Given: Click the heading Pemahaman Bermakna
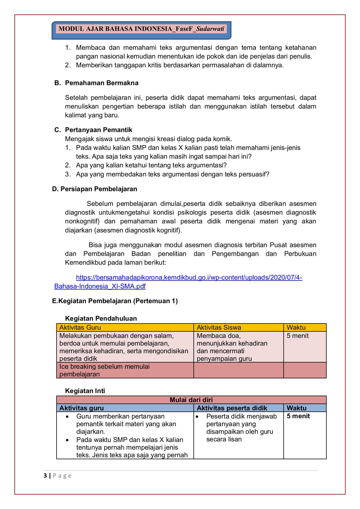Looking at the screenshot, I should click(x=102, y=83).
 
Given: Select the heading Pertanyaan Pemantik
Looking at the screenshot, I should click(x=98, y=130).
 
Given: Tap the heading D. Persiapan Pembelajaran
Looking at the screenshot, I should click(x=94, y=189).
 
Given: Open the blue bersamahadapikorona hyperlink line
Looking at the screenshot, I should click(x=189, y=277).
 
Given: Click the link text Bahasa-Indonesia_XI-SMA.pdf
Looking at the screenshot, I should click(x=100, y=286).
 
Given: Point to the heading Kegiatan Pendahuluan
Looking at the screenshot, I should click(x=101, y=318).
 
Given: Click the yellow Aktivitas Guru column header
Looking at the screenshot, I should click(x=80, y=327).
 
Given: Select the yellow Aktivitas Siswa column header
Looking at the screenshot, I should click(x=219, y=327).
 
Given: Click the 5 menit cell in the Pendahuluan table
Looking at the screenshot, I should click(x=298, y=336).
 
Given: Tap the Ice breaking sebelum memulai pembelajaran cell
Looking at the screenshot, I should click(x=104, y=370).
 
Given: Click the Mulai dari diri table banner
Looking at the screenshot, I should click(x=191, y=400).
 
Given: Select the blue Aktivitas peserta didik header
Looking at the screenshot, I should click(x=232, y=408).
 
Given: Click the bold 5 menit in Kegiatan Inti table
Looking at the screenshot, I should click(x=298, y=416).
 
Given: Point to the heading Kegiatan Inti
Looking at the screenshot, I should click(x=85, y=391).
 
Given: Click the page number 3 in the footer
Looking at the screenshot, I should click(x=45, y=476).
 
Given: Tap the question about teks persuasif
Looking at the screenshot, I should click(x=172, y=174).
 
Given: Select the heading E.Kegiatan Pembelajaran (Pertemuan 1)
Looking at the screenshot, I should click(x=115, y=301).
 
